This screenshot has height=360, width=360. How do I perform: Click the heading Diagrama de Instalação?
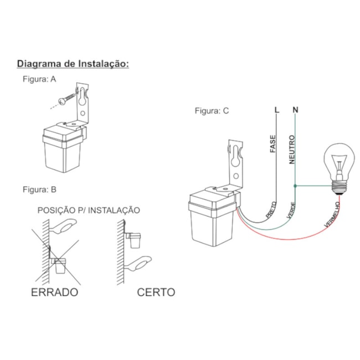pos(73,64)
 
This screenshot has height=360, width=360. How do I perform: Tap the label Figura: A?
pos(39,79)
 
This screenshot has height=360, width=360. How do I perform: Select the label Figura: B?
pos(39,189)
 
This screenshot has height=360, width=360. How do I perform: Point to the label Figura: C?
pos(212,110)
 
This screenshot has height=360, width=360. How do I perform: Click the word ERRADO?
pos(54,292)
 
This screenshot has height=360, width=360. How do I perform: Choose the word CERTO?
pos(156,292)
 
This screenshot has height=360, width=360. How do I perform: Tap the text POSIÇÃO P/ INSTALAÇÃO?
pos(89,210)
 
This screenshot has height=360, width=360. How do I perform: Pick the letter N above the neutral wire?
pos(295,110)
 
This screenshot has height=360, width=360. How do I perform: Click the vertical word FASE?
pos(272,145)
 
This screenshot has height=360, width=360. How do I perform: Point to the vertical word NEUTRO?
pos(291,150)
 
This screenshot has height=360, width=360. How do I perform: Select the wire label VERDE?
pos(290,209)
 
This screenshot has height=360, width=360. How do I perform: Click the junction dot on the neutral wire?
pos(295,187)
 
